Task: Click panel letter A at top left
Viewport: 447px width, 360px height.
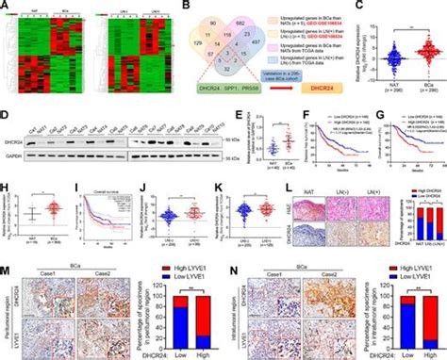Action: tap(5, 6)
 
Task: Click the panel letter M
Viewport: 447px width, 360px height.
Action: tap(5, 272)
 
